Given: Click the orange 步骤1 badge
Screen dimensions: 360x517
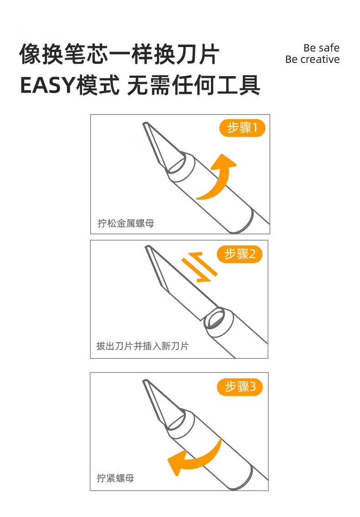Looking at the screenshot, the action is point(242,128).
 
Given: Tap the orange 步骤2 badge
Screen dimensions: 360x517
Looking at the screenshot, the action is point(240,254).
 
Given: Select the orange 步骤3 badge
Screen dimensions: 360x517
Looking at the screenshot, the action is point(240,387).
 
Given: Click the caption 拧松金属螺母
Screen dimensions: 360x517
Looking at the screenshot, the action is point(126,223).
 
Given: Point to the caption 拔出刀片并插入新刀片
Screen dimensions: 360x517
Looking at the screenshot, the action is point(143,346).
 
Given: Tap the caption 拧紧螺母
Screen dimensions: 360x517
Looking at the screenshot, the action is point(115,478).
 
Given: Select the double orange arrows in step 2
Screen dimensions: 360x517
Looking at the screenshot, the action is point(199,267).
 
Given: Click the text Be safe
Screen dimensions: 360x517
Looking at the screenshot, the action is point(321,48).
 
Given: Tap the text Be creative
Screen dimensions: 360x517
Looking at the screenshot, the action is point(313,59).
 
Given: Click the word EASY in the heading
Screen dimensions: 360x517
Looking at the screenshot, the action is point(48,85).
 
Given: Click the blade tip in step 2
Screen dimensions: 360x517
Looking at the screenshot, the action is point(147,247).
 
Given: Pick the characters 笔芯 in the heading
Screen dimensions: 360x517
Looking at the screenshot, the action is point(87,54).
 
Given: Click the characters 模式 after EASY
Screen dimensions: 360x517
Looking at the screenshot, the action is point(98,85).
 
